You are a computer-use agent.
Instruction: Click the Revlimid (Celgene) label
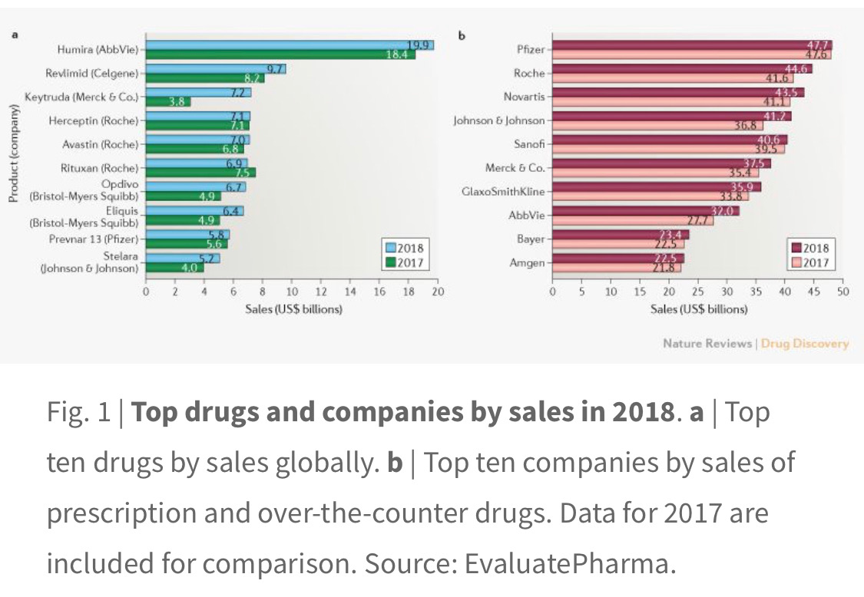[x=93, y=74]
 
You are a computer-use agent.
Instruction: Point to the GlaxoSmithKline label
[x=502, y=191]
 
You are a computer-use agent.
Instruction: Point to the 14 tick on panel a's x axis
[x=350, y=292]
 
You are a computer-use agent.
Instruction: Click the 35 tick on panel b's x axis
[x=756, y=292]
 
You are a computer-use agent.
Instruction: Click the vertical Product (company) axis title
[x=14, y=157]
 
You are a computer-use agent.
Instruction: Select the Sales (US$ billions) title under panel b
[x=698, y=309]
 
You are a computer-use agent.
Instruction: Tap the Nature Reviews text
[x=707, y=343]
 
